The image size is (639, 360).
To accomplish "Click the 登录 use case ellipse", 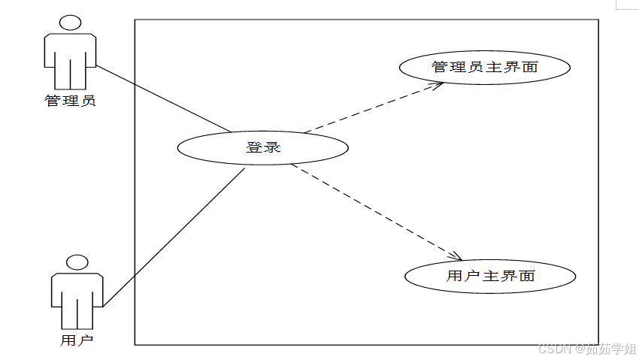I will (262, 148).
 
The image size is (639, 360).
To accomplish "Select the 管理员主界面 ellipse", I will (484, 68).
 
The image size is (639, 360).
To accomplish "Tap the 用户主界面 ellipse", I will (490, 276).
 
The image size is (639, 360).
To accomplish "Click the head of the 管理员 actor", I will (70, 23).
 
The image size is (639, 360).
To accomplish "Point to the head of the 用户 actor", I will (76, 263).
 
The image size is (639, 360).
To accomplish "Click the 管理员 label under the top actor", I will (71, 101).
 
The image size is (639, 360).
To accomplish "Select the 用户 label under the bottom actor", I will (76, 340).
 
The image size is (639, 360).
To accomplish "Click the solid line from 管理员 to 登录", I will (162, 98).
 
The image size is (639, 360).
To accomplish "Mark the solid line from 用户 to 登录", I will (173, 237).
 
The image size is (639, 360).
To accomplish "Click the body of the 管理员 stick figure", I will (70, 49).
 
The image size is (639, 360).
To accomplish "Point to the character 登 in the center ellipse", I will (253, 148).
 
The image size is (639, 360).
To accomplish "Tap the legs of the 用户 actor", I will (76, 316).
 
